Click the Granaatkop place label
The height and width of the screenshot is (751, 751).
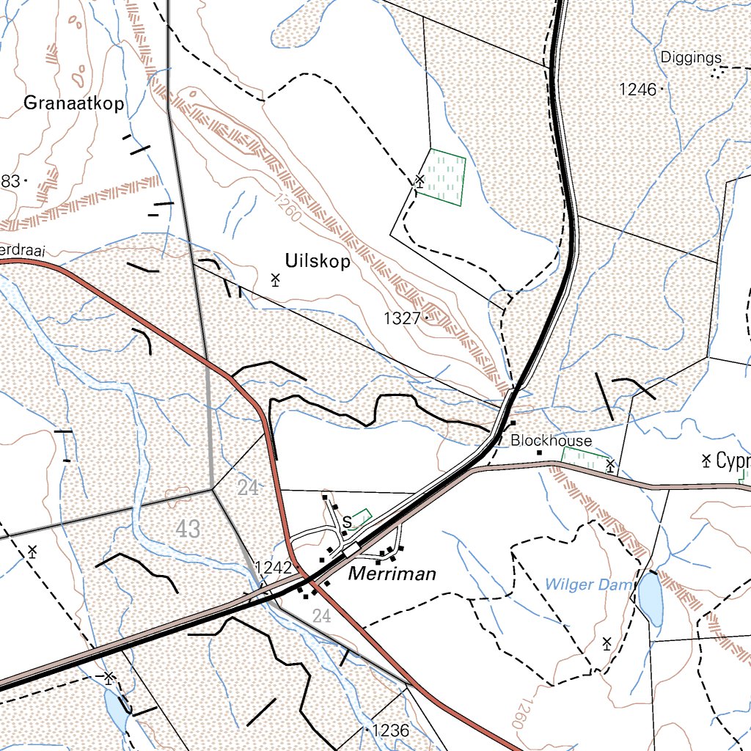(x=73, y=103)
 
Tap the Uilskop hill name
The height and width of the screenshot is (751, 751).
(x=317, y=262)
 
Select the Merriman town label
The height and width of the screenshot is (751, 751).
(x=392, y=574)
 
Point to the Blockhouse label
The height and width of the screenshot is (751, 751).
(x=551, y=441)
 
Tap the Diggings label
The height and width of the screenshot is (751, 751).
(x=691, y=57)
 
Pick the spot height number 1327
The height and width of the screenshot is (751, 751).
(x=402, y=318)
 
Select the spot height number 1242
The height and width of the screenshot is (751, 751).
(x=273, y=567)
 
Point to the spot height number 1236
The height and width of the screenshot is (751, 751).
(x=390, y=730)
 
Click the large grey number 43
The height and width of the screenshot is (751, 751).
(x=188, y=528)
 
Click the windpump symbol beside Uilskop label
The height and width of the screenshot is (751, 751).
(x=276, y=279)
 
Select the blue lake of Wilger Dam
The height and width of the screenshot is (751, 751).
(x=650, y=598)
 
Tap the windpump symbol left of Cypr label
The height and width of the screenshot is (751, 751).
(x=706, y=461)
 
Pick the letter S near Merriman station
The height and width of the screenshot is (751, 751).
(x=347, y=521)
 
